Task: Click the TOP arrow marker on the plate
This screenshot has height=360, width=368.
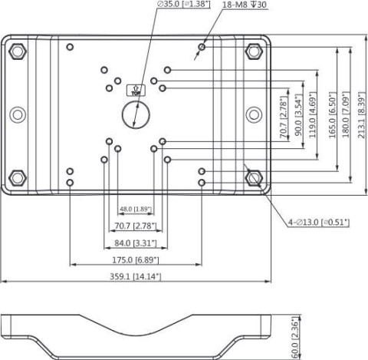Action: (136, 91)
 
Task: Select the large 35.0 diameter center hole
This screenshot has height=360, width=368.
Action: (136, 114)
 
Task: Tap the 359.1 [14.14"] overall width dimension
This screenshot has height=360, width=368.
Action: (136, 276)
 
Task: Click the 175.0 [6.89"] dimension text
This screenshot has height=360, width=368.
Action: (136, 260)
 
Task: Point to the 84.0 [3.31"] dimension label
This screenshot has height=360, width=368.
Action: (136, 243)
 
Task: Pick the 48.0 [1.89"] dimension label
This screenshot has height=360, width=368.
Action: (136, 209)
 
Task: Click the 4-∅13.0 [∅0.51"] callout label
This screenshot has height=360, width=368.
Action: (319, 222)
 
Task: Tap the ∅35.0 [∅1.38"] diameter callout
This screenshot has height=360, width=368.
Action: (184, 4)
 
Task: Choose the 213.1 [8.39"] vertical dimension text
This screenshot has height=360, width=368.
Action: (362, 115)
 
